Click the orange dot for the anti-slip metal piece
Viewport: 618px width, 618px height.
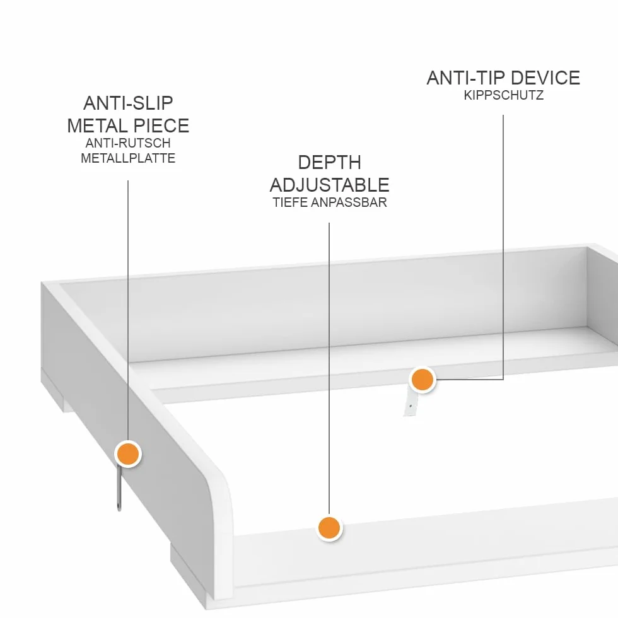coord(127,453)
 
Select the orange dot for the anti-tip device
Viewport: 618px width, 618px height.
coord(423,380)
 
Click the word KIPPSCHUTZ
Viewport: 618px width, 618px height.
coord(503,95)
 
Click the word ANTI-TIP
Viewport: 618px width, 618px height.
coord(466,78)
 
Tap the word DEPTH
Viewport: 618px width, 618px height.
coord(329,163)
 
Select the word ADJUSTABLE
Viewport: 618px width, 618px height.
coord(329,185)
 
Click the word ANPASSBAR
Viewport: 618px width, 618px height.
coord(348,202)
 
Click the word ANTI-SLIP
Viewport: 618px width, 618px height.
coord(128,103)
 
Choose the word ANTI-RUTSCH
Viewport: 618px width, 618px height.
coord(128,143)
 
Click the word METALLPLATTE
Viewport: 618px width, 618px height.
coord(128,158)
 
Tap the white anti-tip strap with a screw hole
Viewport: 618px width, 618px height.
coord(410,403)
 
